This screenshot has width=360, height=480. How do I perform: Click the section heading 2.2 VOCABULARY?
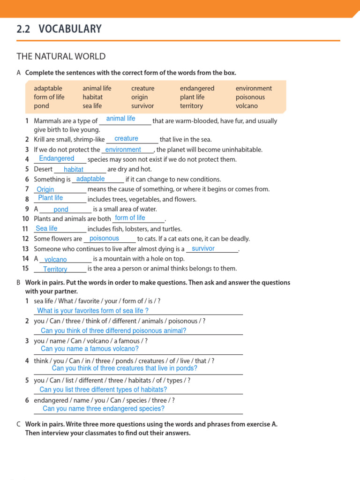(59, 29)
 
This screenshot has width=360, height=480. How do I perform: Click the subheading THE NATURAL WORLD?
(61, 57)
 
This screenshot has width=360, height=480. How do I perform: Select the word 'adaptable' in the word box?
(48, 88)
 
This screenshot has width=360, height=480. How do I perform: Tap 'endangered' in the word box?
(197, 88)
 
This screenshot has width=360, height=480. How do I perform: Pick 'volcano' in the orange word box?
(247, 106)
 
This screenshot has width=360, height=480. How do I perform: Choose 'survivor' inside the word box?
(142, 106)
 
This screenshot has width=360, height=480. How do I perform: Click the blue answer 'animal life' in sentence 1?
(120, 119)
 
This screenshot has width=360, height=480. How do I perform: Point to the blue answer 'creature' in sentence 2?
(126, 138)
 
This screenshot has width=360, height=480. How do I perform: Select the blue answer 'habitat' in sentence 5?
(74, 170)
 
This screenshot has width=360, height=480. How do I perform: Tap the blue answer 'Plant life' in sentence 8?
(51, 198)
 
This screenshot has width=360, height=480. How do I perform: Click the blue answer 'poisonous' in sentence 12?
(104, 238)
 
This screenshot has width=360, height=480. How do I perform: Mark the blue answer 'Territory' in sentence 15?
(55, 270)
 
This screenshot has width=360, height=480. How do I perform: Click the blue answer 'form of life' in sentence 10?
(130, 218)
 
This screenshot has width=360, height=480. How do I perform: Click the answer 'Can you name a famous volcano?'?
(90, 349)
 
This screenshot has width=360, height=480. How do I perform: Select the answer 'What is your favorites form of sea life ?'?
(93, 311)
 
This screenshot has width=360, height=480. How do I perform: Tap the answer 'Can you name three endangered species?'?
(104, 409)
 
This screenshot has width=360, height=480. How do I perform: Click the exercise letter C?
(18, 424)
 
